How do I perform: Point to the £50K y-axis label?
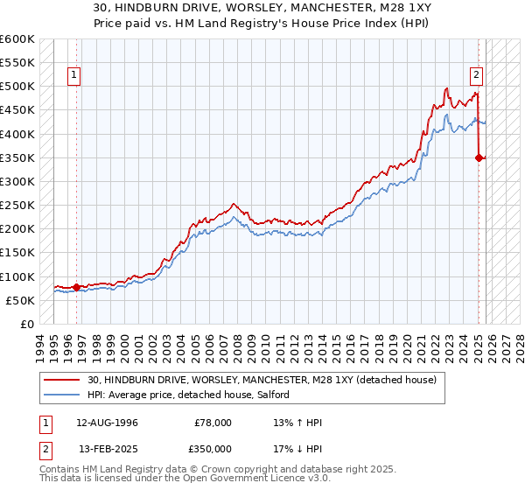[x=19, y=300]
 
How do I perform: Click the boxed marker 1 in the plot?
[x=75, y=76]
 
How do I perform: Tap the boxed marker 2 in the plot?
[x=478, y=76]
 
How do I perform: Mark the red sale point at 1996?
[x=77, y=287]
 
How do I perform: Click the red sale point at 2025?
[x=479, y=157]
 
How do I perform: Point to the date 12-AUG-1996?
[x=108, y=423]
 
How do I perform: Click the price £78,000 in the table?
[x=213, y=423]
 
